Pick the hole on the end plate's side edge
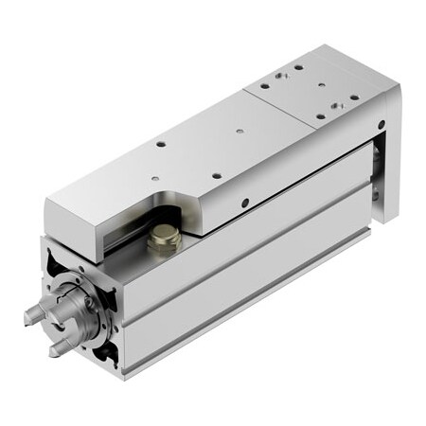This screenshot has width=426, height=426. [x=380, y=123]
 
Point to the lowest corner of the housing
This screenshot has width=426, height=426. [x=123, y=379]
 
